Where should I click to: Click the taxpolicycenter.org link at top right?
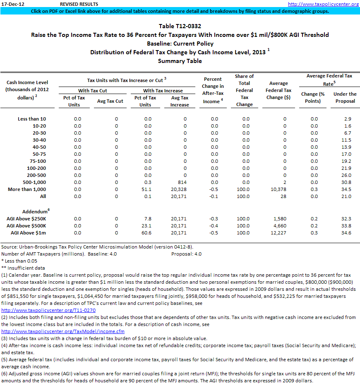click(x=323, y=4)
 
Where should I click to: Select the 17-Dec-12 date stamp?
click(x=13, y=4)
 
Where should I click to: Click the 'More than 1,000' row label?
click(x=27, y=189)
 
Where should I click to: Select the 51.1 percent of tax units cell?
click(x=146, y=189)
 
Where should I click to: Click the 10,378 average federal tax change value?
click(x=278, y=189)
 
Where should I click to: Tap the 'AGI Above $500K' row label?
click(x=26, y=226)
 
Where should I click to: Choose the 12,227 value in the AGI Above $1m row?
click(x=278, y=233)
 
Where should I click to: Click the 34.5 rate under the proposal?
click(x=346, y=189)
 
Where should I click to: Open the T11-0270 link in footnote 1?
click(x=49, y=310)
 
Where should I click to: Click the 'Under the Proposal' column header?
click(x=345, y=97)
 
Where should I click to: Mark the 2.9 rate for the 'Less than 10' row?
click(x=347, y=119)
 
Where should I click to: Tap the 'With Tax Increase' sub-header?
click(x=163, y=90)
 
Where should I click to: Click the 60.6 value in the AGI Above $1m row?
click(x=146, y=233)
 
